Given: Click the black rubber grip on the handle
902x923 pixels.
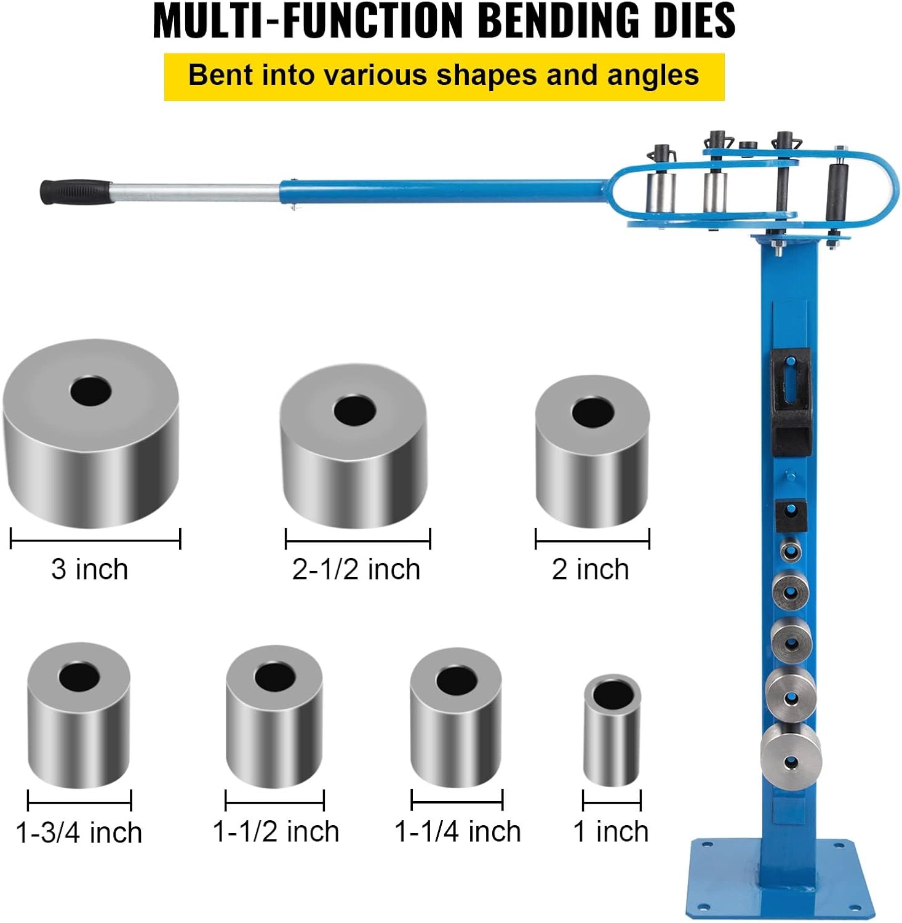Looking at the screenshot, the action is (75, 191).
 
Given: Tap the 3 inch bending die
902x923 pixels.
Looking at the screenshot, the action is (91, 433).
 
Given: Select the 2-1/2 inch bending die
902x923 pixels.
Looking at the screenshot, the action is (354, 446).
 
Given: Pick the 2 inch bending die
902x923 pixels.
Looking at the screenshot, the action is (592, 451).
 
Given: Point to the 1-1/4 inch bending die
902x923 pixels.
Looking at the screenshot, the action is (456, 717).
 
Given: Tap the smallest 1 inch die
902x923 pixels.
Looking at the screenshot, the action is (612, 730).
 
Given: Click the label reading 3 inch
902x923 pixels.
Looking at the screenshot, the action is (90, 569).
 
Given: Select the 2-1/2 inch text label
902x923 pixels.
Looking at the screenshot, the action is (356, 569).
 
